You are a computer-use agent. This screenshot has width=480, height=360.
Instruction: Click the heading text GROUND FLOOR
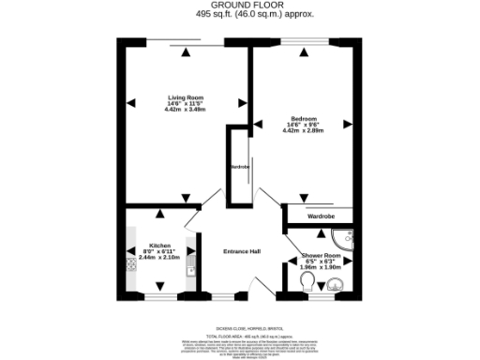coord(240,5)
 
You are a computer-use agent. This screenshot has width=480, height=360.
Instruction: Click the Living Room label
coord(184,97)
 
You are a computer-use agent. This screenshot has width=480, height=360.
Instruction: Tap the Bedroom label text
coord(303,119)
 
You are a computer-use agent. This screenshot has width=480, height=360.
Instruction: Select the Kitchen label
coord(159,245)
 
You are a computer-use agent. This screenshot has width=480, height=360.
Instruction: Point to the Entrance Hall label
coord(241,251)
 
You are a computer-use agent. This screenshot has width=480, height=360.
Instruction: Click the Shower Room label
coord(322,254)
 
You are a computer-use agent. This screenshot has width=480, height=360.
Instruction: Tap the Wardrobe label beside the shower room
coord(321,217)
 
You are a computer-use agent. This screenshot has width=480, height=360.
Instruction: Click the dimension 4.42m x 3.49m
coord(184,110)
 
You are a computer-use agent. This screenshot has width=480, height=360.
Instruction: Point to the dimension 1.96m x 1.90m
coord(322,267)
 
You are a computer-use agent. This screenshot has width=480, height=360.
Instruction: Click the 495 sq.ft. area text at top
coord(240,15)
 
